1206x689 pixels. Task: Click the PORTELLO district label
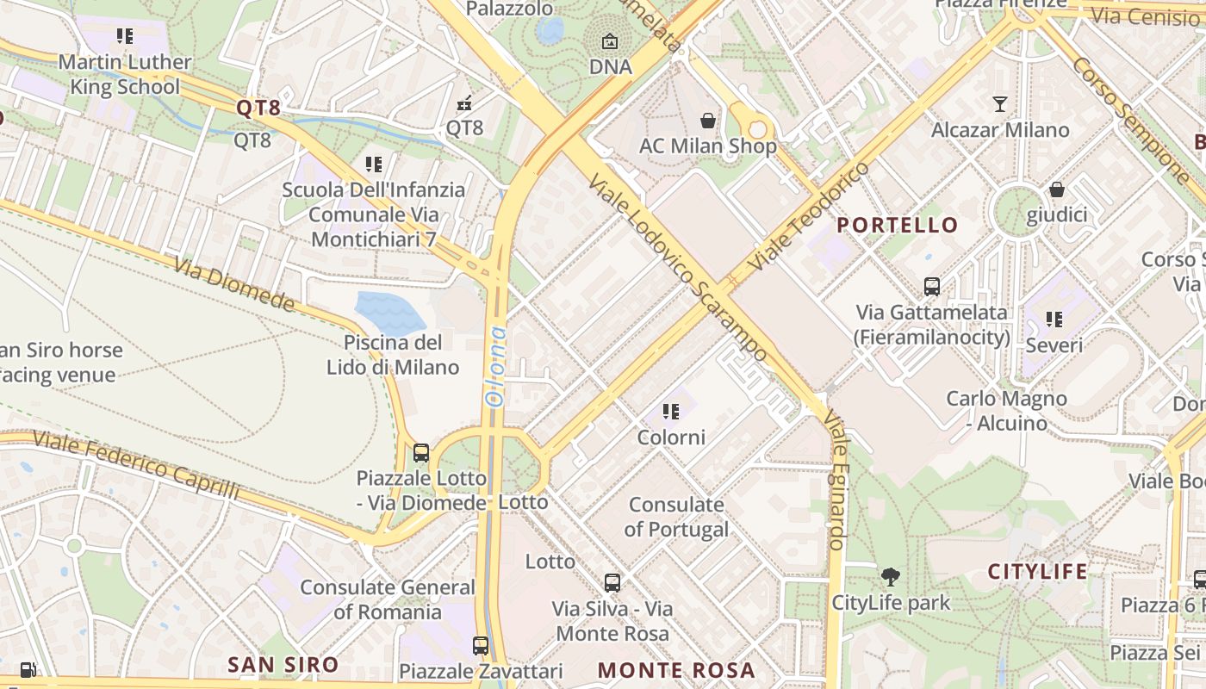(x=898, y=226)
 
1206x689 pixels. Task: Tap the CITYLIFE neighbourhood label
(x=1037, y=571)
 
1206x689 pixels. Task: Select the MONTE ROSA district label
(x=676, y=670)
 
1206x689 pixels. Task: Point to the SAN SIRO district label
(x=283, y=664)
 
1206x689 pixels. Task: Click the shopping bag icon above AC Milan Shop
(x=708, y=121)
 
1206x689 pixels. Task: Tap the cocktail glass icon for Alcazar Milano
(x=999, y=104)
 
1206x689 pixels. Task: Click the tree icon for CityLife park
(x=890, y=576)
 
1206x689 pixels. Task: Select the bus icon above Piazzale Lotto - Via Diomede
(x=420, y=452)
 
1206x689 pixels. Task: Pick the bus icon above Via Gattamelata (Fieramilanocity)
(x=931, y=286)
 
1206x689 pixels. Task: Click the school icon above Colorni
(x=670, y=412)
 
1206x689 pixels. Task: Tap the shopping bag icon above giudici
(x=1056, y=189)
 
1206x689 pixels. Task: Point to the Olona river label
(x=495, y=366)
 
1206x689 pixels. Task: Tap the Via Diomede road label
(x=233, y=283)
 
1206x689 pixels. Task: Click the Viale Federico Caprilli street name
(x=135, y=465)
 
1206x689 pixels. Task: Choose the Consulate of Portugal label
(x=676, y=517)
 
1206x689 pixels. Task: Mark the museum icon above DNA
(x=610, y=40)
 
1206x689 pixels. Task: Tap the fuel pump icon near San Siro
(x=28, y=669)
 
